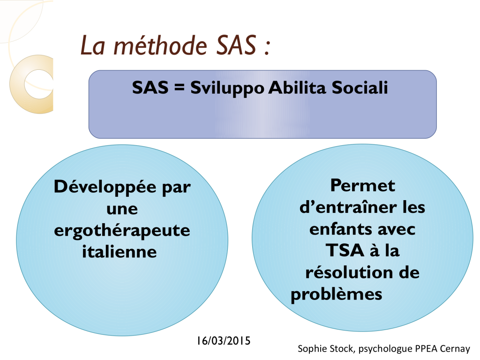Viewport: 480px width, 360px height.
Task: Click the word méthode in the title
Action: coord(160,45)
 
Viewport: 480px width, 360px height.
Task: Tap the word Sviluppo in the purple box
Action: coord(227,88)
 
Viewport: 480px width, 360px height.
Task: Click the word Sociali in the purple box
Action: coord(360,87)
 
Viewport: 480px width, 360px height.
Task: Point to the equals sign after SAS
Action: coord(180,88)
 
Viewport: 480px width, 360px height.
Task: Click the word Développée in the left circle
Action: coord(105,187)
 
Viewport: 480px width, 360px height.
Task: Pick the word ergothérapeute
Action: coord(122,231)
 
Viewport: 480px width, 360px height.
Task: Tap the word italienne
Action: coord(120,252)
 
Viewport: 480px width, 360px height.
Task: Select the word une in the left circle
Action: coord(122,210)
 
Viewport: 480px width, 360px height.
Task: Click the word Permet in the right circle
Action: coord(363,185)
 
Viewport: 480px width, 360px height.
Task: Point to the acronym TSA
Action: coord(345,250)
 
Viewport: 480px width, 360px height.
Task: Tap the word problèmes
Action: coord(337,295)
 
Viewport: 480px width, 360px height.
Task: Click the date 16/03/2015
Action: coord(224,341)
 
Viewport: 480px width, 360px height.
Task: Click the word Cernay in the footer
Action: coord(455,349)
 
